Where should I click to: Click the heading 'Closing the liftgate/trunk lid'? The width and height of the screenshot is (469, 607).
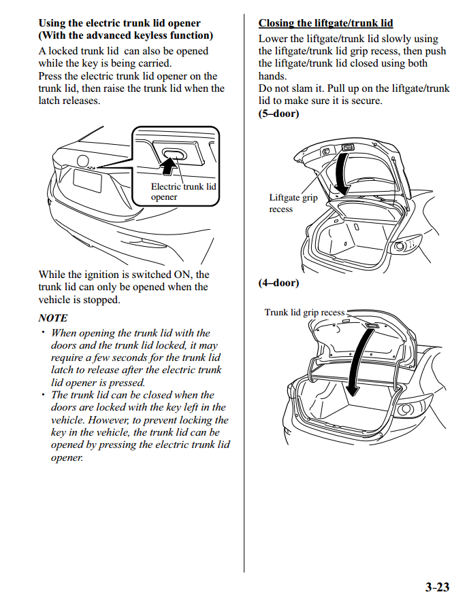click(x=325, y=23)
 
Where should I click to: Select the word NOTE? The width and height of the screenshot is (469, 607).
click(x=53, y=317)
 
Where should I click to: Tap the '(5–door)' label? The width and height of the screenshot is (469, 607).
click(x=278, y=114)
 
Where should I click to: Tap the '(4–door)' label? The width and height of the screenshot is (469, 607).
click(x=278, y=283)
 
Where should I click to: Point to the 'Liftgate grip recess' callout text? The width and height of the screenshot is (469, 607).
click(x=293, y=203)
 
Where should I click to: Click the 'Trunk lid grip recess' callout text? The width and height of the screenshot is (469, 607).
click(x=304, y=313)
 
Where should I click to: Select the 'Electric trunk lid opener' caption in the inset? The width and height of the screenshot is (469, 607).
click(x=183, y=192)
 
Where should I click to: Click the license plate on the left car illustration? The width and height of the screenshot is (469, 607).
click(x=86, y=181)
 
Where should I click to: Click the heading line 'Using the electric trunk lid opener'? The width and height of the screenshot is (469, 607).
click(x=119, y=23)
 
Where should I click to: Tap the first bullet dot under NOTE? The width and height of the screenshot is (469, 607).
click(x=42, y=332)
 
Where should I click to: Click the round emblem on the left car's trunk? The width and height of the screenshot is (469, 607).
click(x=83, y=161)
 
